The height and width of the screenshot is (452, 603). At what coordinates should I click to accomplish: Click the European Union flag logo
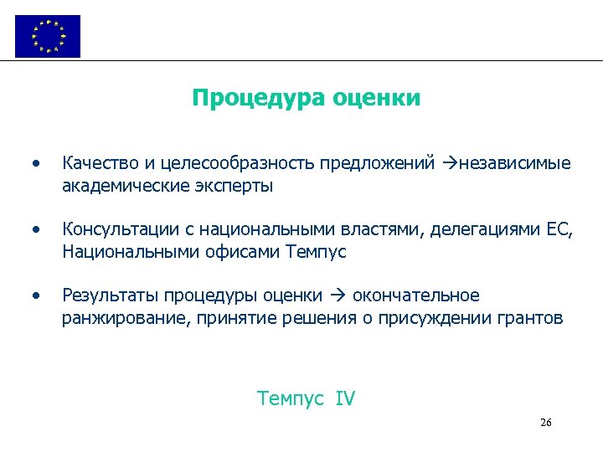[48, 36]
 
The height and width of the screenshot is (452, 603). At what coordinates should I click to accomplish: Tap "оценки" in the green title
[376, 99]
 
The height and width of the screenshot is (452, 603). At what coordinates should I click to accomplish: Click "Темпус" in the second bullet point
[316, 251]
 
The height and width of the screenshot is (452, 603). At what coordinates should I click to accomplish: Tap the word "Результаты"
[110, 295]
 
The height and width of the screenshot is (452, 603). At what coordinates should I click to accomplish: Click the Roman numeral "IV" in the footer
[345, 398]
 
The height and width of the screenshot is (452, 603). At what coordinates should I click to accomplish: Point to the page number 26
[545, 423]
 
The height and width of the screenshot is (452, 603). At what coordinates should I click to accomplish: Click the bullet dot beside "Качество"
[34, 163]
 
